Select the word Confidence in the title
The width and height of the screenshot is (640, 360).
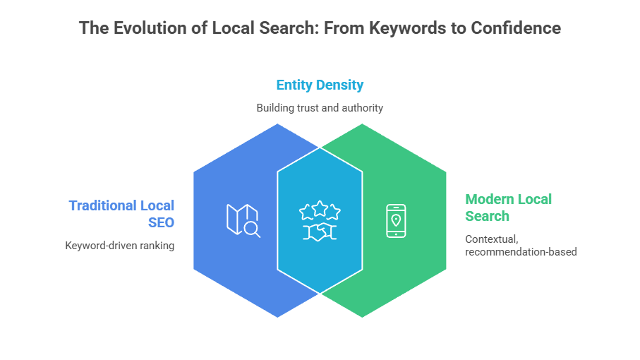click(517, 28)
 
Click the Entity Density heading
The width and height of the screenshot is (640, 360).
click(320, 85)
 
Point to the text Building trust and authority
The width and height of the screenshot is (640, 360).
click(320, 108)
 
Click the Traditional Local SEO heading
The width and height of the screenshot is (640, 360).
click(121, 212)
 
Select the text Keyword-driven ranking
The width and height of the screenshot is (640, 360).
click(119, 246)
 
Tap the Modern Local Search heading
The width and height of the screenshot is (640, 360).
click(508, 207)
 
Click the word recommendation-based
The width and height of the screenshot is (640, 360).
click(521, 251)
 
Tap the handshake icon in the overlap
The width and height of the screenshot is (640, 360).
click(320, 232)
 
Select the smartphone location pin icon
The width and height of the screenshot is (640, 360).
click(397, 221)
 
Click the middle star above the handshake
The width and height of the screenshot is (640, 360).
click(320, 208)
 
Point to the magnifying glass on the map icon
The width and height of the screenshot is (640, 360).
click(252, 229)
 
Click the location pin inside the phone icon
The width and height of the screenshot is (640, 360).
click(397, 220)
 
